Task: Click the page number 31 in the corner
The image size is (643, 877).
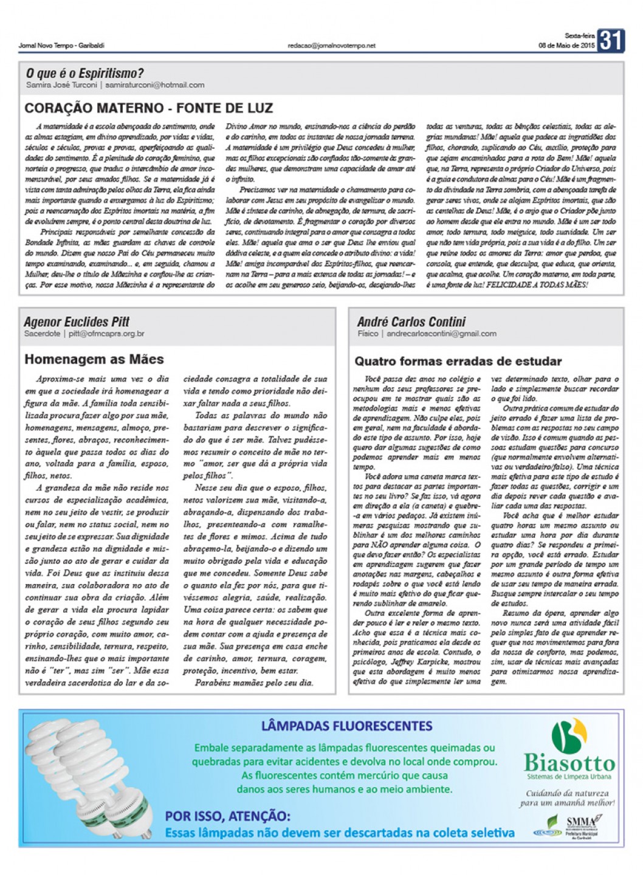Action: (x=611, y=41)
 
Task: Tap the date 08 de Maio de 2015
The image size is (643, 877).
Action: (x=566, y=46)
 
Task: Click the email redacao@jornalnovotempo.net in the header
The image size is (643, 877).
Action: (x=331, y=46)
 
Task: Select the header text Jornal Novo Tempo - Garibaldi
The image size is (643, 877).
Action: (x=61, y=46)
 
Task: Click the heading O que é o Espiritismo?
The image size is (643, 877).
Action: (x=84, y=74)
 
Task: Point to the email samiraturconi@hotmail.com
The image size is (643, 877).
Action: (x=154, y=85)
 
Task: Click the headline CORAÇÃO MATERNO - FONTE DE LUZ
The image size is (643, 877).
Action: (x=149, y=108)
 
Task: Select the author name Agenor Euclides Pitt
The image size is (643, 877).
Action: (x=77, y=322)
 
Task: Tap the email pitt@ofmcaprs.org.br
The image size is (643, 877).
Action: (x=106, y=334)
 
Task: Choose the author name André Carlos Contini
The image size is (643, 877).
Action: (x=411, y=322)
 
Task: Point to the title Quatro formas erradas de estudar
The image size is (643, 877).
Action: (x=458, y=362)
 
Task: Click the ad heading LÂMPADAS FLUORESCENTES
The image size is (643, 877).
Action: (x=346, y=726)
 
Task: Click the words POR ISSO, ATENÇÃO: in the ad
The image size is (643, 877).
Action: (x=228, y=816)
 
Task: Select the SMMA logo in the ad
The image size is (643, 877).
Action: (x=581, y=822)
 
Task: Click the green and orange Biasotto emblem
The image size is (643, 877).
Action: (x=569, y=736)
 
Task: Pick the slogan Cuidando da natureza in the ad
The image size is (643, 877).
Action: (x=567, y=793)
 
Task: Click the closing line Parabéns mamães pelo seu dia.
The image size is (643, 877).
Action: (x=254, y=683)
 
